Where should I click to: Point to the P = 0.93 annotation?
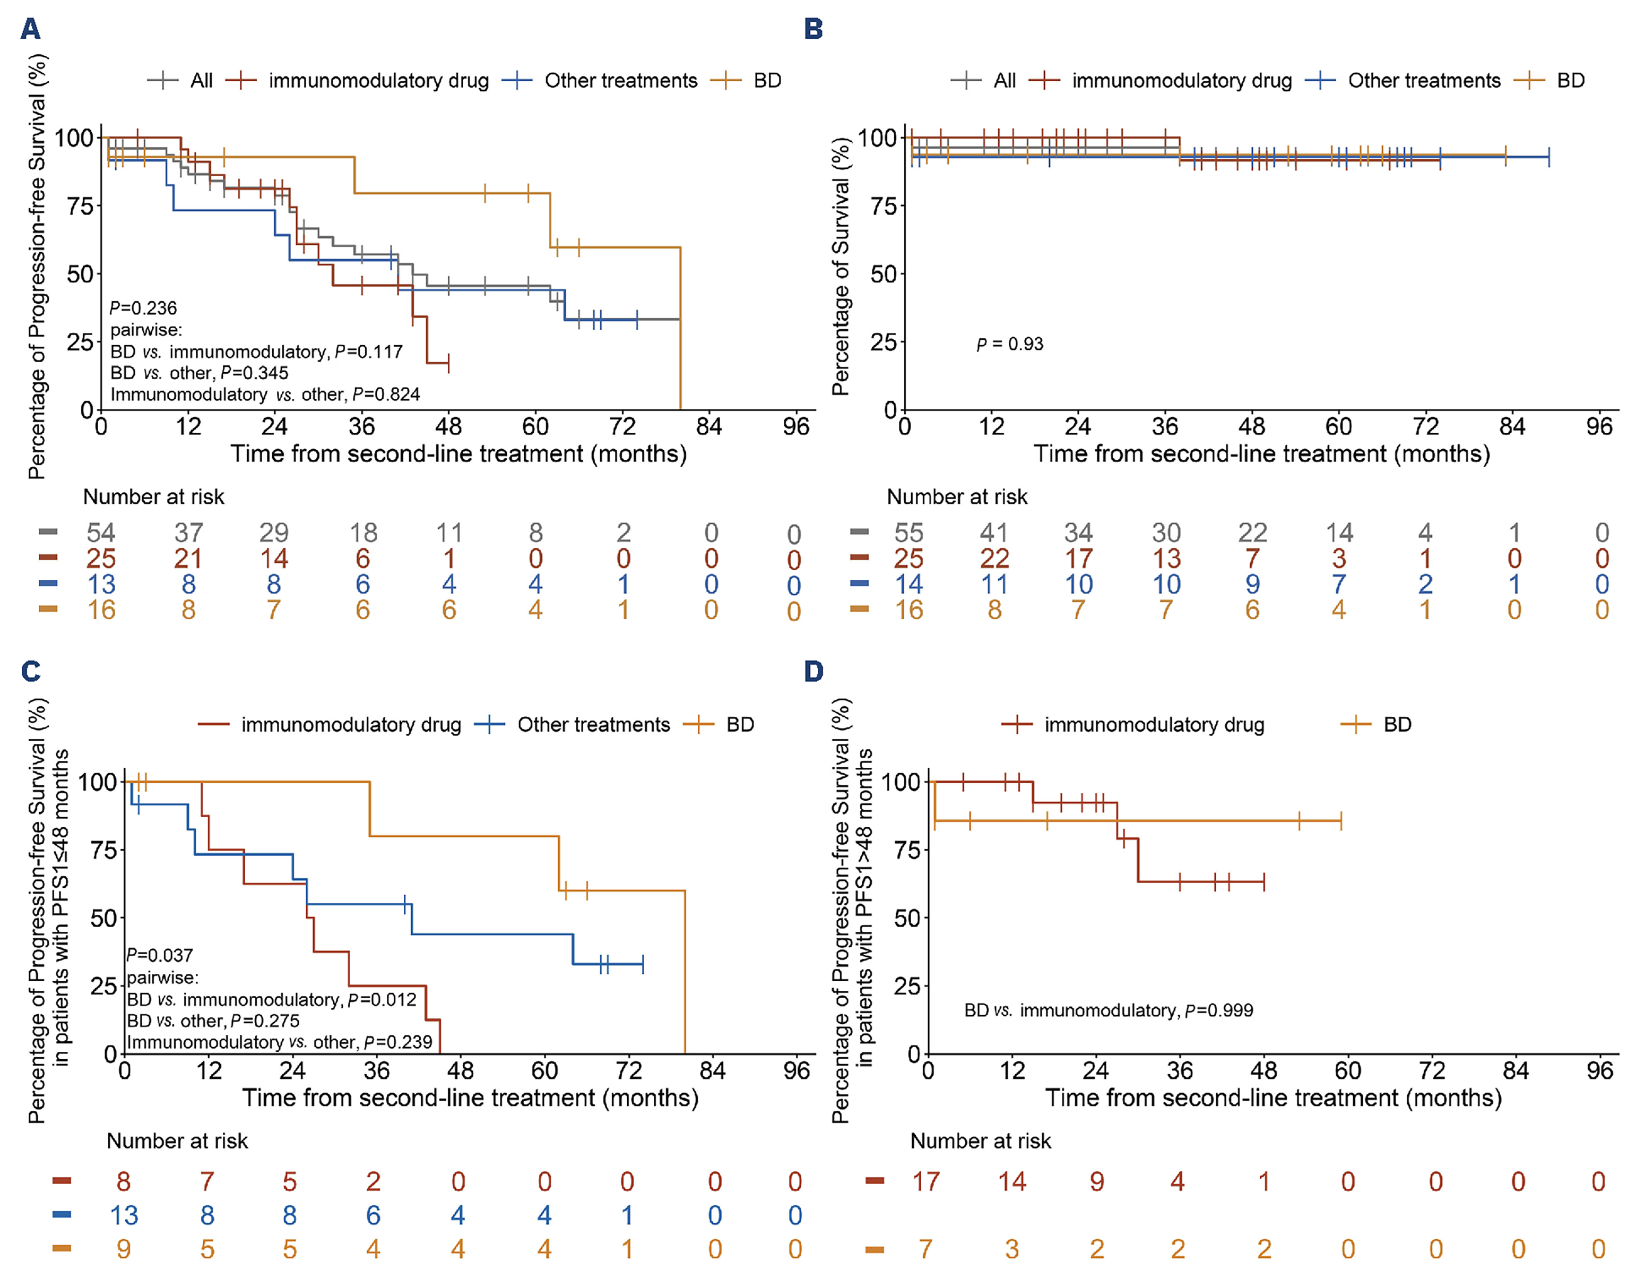click(1010, 344)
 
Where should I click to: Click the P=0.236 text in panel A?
click(143, 308)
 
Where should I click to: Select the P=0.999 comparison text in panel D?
click(1109, 1010)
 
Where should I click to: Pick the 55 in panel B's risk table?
click(908, 533)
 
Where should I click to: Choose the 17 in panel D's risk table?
click(926, 1182)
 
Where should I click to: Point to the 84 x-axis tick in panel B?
click(1512, 426)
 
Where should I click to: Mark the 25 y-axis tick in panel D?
click(907, 986)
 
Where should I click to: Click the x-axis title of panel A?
click(458, 454)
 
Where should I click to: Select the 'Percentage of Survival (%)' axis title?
click(841, 266)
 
